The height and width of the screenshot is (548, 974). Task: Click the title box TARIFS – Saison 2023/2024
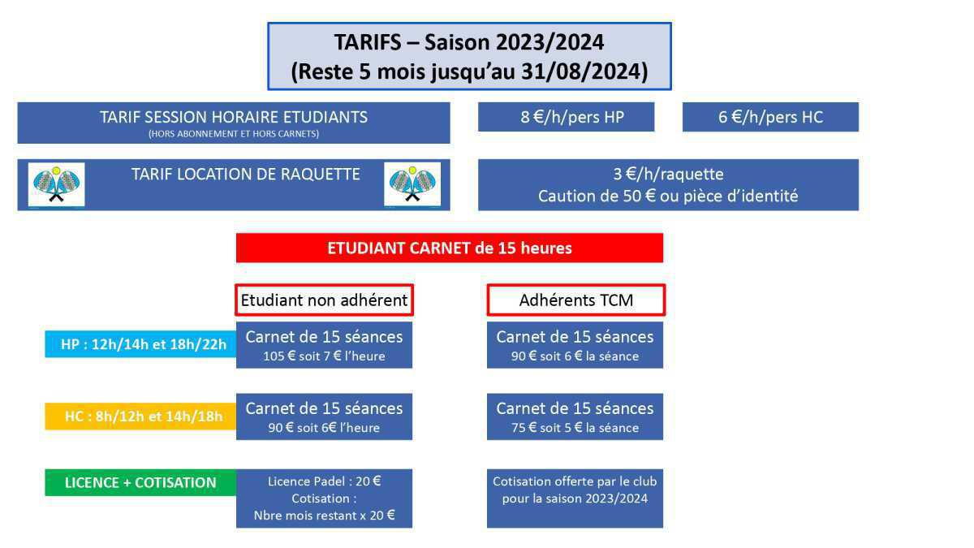[469, 56]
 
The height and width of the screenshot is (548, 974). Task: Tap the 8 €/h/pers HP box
[566, 117]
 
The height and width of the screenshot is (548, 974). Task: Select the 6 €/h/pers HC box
[770, 117]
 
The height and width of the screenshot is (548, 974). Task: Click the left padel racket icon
[56, 185]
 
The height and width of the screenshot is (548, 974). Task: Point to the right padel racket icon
[412, 185]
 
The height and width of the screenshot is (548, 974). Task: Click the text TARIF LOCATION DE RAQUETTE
[245, 174]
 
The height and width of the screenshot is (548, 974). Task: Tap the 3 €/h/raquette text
[668, 174]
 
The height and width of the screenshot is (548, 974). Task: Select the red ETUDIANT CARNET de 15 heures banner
[450, 248]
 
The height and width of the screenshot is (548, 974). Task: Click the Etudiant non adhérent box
[324, 300]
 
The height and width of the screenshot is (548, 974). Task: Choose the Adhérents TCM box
[575, 300]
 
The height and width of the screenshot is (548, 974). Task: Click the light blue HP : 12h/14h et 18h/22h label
[140, 344]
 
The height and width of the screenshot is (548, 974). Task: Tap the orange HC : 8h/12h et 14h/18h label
[140, 416]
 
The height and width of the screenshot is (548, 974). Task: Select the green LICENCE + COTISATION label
[140, 482]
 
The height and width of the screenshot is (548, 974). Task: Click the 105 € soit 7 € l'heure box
[324, 345]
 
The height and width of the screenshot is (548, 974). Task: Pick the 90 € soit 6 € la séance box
[575, 345]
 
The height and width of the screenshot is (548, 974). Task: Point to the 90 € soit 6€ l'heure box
[324, 416]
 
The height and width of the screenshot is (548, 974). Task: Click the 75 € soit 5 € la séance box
[575, 416]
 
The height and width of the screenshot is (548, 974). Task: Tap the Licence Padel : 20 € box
[324, 498]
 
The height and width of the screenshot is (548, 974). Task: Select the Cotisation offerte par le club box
[575, 498]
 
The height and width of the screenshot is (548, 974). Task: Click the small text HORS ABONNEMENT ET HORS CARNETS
[234, 134]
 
